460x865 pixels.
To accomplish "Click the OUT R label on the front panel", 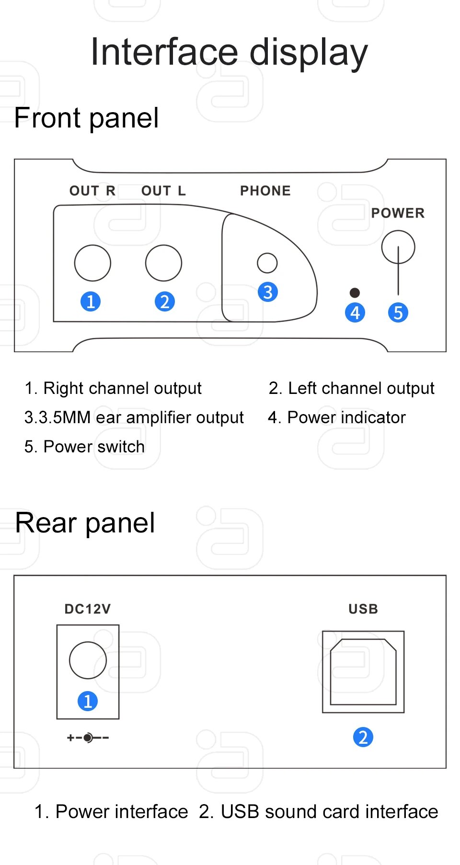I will tap(92, 191).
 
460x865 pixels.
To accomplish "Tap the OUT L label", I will tap(163, 191).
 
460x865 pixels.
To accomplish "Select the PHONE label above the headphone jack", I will tap(265, 191).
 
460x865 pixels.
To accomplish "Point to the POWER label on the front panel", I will tap(398, 213).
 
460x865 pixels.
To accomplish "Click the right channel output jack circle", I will tap(92, 263).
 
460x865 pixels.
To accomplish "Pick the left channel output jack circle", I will tap(163, 263).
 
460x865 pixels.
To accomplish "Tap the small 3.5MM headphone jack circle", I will tap(267, 263).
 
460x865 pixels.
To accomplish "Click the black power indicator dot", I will tap(355, 292).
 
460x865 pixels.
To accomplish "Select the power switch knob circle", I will tap(398, 247).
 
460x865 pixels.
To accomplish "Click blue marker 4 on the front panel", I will tap(355, 312).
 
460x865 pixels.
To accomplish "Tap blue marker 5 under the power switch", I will tap(398, 312).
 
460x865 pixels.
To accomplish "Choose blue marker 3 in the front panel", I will tap(268, 292).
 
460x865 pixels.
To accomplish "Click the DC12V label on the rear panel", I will tap(88, 609).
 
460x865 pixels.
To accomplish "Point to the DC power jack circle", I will tap(88, 660).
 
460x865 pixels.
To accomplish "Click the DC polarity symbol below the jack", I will tap(88, 738).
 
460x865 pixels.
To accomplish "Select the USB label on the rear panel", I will tap(363, 609).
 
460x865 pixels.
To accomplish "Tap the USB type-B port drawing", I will tap(363, 672).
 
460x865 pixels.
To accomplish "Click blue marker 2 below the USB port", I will tap(363, 737).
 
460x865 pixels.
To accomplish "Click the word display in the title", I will tap(309, 53).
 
